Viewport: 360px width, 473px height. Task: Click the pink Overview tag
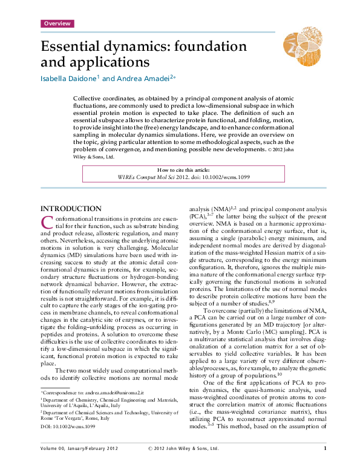pyautogui.click(x=57, y=24)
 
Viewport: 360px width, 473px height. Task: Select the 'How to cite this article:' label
pyautogui.click(x=182, y=171)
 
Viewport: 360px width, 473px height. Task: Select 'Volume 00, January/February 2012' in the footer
pyautogui.click(x=80, y=465)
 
